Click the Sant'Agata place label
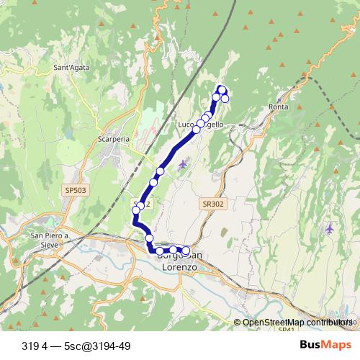pos(71,68)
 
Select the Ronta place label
pos(278,107)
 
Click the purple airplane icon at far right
pos(329,228)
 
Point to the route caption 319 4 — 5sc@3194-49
pos(76,344)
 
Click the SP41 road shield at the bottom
pos(287,329)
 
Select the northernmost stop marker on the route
pos(222,90)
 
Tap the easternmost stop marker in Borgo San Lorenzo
pos(186,251)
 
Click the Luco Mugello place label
pos(201,125)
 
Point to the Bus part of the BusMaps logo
pos(310,344)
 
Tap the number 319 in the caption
pos(31,344)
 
